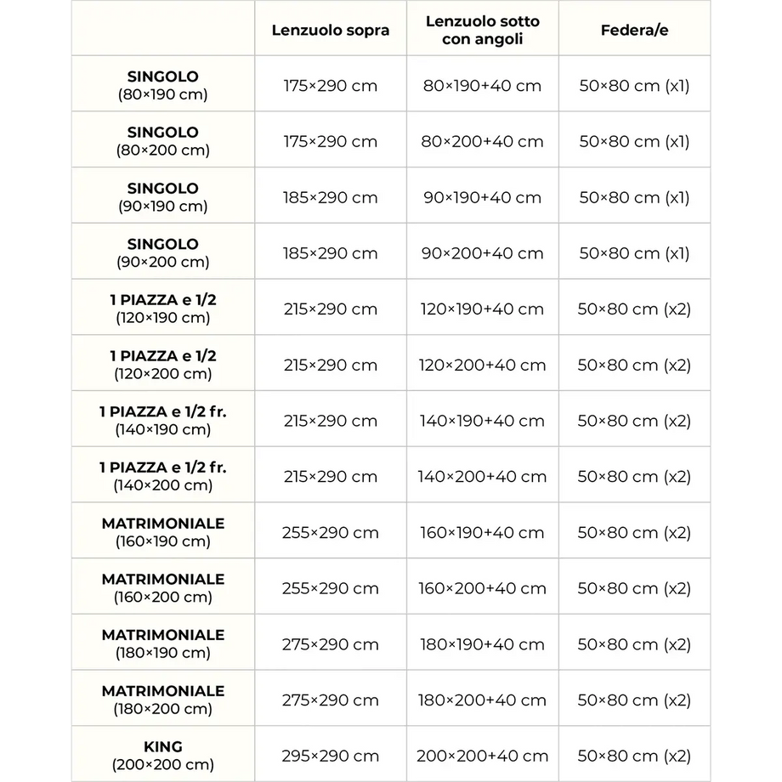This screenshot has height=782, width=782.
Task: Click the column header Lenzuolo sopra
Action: tap(331, 31)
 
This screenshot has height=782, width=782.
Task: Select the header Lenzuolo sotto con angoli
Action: tap(482, 31)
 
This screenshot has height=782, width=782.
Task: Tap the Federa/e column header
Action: tap(634, 31)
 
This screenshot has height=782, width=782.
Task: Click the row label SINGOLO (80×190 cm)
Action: tap(162, 85)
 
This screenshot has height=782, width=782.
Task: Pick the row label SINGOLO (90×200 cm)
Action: tap(162, 253)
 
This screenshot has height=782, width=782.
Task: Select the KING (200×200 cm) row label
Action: tap(162, 755)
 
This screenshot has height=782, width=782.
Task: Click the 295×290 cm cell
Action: tap(331, 756)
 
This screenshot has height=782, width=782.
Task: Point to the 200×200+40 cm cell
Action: tap(482, 756)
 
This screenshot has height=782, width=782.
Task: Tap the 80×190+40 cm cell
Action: tap(482, 86)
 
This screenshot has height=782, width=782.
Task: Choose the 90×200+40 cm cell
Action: tap(482, 253)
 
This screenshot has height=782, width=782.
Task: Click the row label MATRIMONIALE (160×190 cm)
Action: tap(162, 532)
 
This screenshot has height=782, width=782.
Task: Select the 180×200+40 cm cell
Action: tap(482, 700)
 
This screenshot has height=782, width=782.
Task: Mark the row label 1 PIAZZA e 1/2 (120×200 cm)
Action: tap(162, 365)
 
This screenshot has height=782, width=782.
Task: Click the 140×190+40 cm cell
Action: tap(482, 421)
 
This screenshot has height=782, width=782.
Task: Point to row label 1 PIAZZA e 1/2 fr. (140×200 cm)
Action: tap(162, 476)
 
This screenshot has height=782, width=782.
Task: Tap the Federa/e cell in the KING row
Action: tap(634, 756)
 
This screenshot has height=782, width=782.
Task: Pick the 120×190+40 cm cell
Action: tap(482, 309)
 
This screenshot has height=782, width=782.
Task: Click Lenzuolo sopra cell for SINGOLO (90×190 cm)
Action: tap(331, 198)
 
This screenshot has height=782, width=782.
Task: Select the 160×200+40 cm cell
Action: tap(482, 588)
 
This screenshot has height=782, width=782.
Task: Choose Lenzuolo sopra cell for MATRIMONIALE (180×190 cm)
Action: tap(331, 644)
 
